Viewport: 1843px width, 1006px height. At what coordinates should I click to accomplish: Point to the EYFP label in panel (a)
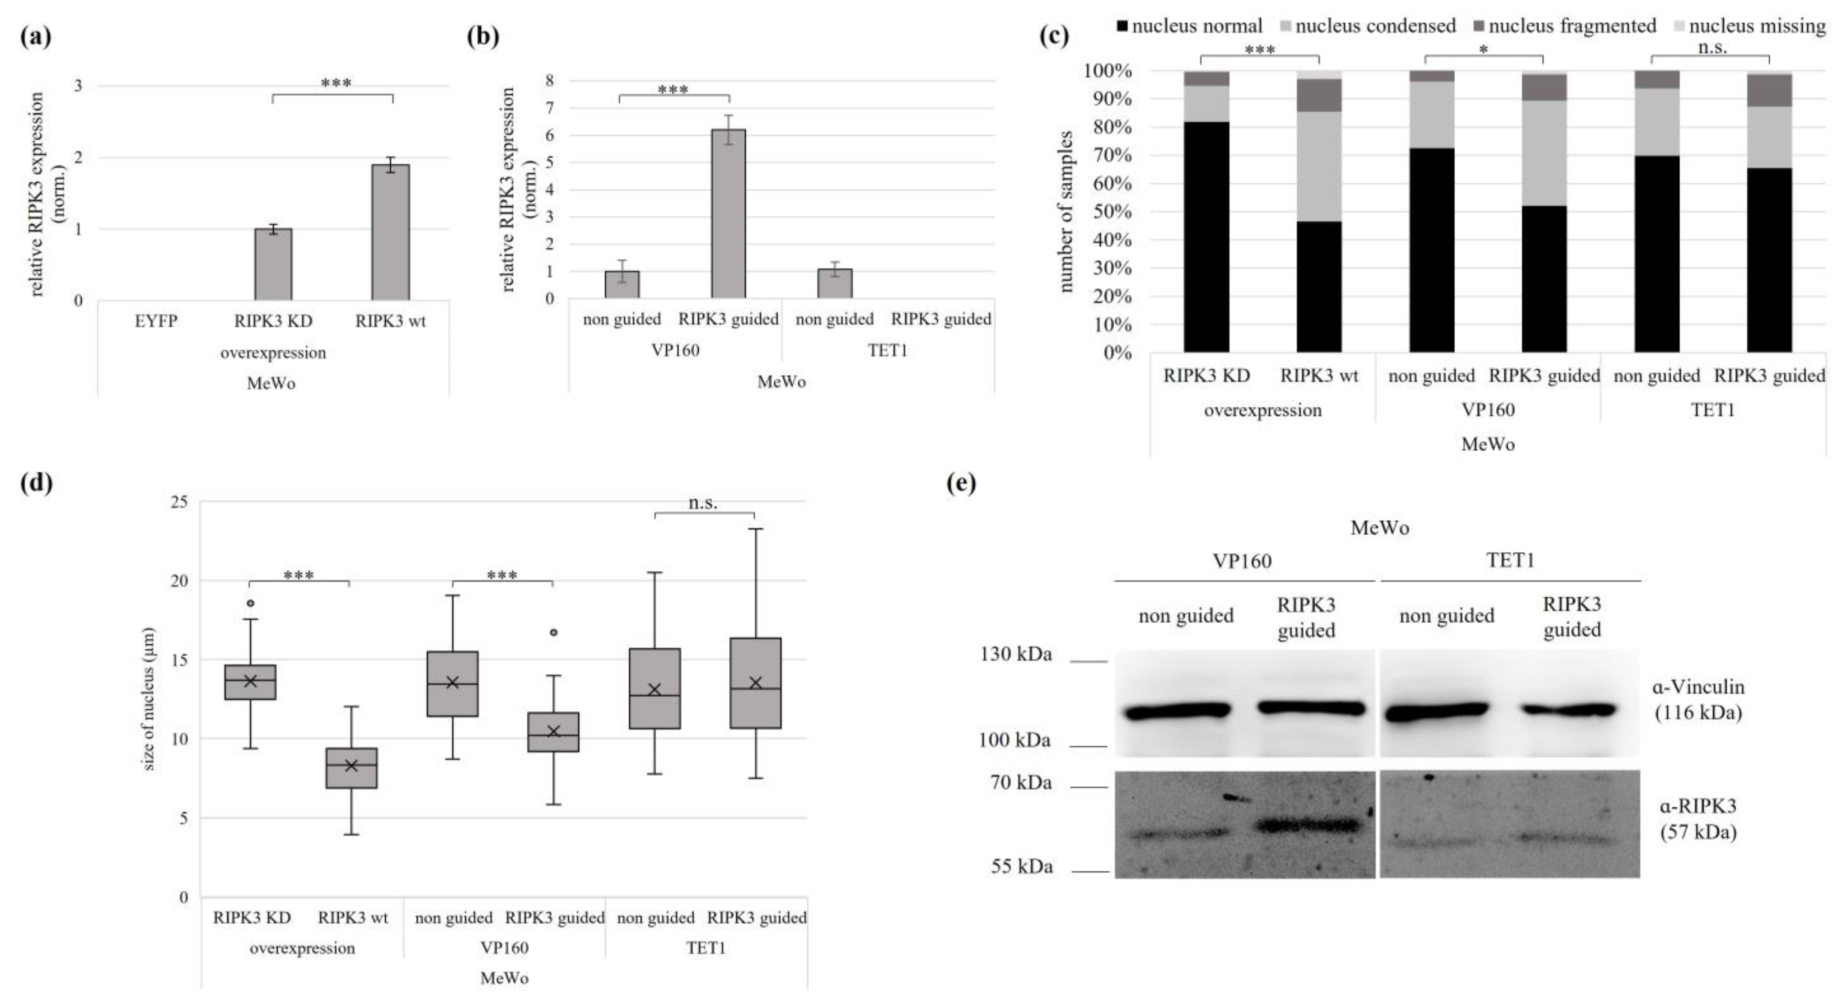click(156, 321)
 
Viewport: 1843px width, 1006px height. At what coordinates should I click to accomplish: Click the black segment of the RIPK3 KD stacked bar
click(1206, 236)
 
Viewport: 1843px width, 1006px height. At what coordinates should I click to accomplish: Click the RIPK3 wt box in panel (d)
click(351, 768)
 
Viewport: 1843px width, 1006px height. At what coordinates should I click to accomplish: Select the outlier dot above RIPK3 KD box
click(251, 603)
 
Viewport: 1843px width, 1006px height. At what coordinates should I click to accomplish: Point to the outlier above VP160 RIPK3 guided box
click(553, 633)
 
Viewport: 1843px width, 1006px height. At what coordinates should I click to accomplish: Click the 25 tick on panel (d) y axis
click(180, 502)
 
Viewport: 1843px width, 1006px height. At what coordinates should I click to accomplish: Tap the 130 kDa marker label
click(1015, 654)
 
